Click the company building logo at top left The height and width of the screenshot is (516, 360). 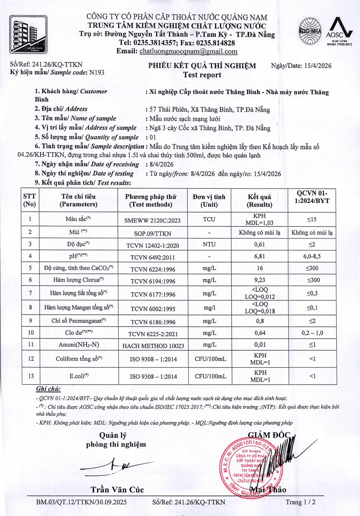click(x=28, y=34)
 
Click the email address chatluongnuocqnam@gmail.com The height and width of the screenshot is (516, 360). click(x=188, y=52)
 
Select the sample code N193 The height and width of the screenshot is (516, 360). click(x=97, y=73)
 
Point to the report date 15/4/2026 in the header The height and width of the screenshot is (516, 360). click(x=318, y=66)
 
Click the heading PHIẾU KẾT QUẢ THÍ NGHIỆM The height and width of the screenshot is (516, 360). click(x=202, y=66)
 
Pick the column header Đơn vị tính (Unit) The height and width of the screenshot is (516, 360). click(x=209, y=201)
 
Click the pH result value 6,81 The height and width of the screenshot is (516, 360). click(x=260, y=257)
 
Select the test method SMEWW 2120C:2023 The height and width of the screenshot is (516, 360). click(x=152, y=221)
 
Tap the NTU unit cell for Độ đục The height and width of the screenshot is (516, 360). click(x=209, y=245)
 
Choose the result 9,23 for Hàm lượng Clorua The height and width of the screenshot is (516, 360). click(x=260, y=280)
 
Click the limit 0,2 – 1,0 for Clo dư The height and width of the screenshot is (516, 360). click(x=312, y=333)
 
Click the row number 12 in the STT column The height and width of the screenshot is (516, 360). click(x=31, y=359)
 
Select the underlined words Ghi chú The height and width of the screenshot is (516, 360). click(x=49, y=389)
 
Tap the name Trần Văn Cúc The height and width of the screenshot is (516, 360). click(x=117, y=490)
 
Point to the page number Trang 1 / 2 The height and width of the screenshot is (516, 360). click(x=300, y=502)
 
